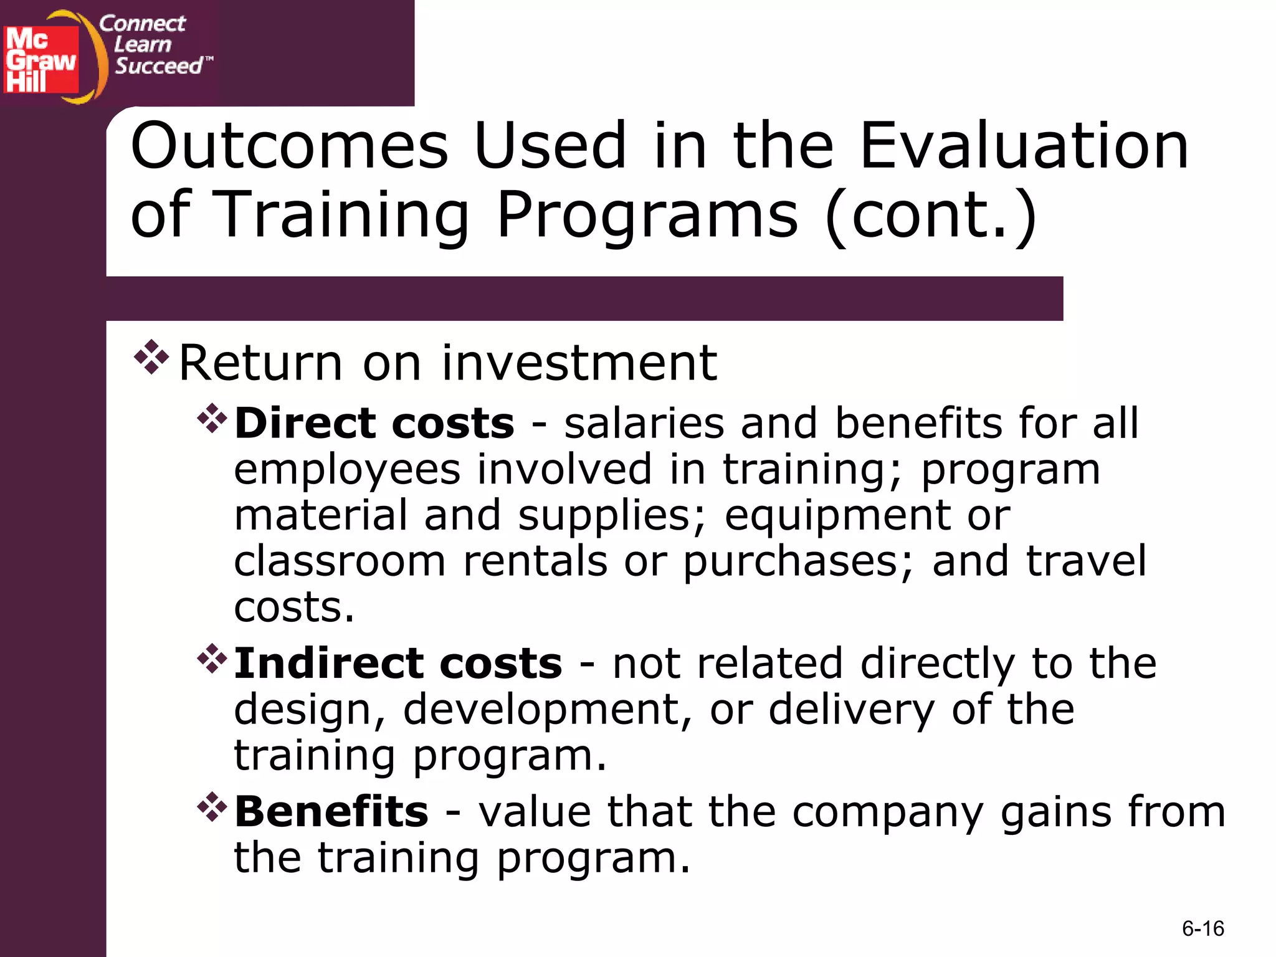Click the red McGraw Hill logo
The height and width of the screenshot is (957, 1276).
click(41, 60)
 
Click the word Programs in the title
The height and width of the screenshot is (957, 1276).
click(647, 215)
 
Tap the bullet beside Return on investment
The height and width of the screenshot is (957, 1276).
click(151, 358)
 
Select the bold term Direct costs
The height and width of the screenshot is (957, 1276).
click(374, 424)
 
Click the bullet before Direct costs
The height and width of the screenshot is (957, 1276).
click(212, 419)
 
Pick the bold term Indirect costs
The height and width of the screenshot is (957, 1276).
click(398, 663)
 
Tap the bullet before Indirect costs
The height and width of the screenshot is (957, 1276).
click(212, 659)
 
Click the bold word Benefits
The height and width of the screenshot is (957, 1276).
click(331, 812)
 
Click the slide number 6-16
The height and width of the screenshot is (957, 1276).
click(1202, 929)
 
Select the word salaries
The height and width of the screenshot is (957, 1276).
click(644, 424)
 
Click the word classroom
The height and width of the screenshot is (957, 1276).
click(340, 561)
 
